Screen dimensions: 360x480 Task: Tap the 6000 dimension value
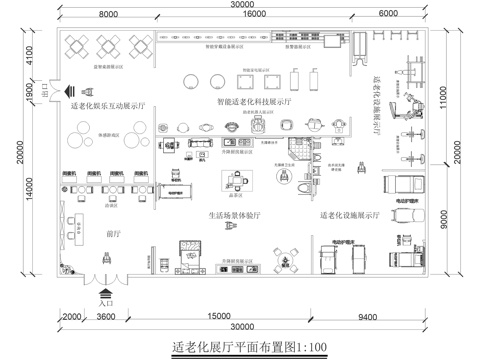tap(387, 15)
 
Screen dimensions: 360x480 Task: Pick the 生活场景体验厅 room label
tap(237, 215)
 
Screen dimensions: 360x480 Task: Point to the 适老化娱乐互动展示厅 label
tap(108, 103)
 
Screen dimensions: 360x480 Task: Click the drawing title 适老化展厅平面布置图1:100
tap(238, 347)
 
